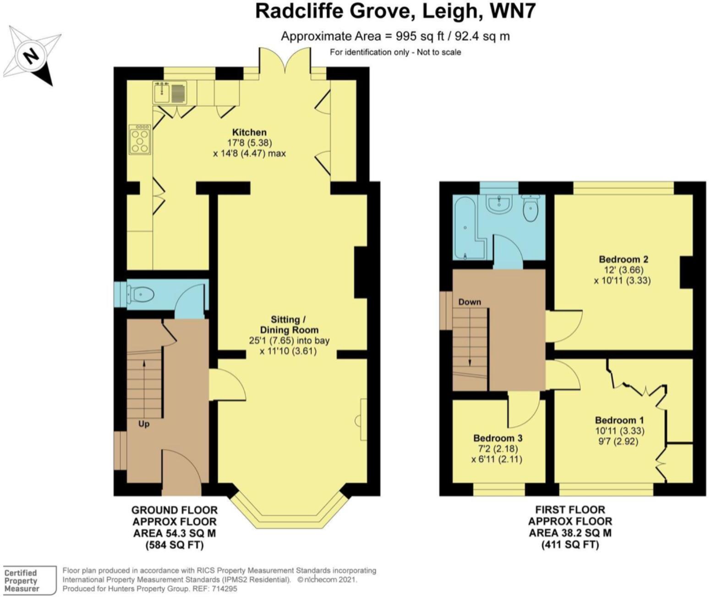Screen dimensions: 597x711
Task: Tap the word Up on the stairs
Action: tap(144, 424)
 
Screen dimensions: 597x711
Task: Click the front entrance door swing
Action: tap(181, 472)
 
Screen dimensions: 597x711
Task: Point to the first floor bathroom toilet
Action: tap(531, 208)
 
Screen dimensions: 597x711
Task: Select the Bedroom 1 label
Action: tap(616, 420)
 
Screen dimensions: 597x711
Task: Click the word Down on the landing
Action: tap(470, 302)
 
